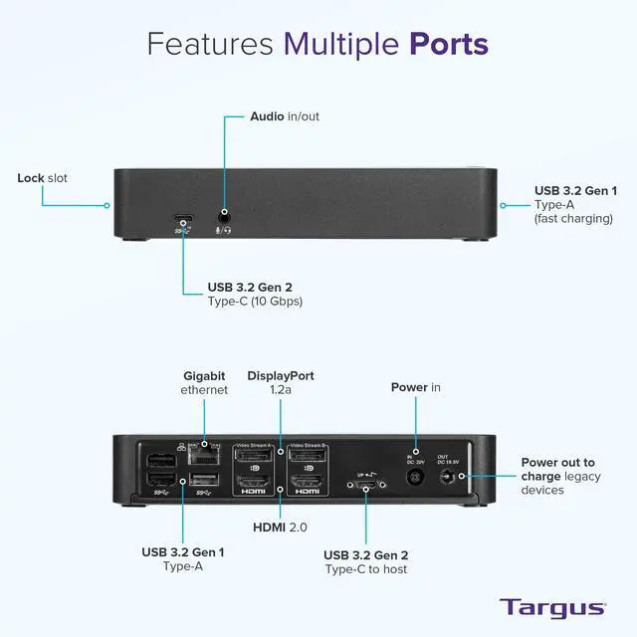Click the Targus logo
[x=551, y=607]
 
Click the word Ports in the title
[x=448, y=44]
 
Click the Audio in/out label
[x=284, y=116]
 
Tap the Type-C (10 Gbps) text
[x=255, y=301]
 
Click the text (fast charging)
[x=573, y=218]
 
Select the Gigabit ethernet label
[x=205, y=382]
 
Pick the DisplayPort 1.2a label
[x=281, y=382]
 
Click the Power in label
[x=415, y=387]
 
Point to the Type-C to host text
[x=365, y=569]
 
